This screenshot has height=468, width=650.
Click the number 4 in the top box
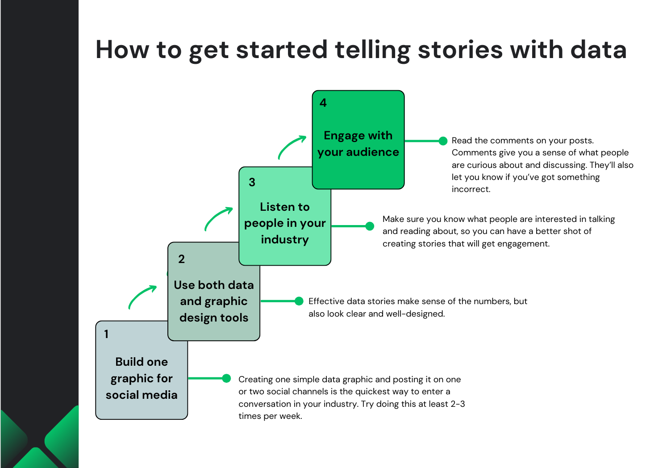[323, 103]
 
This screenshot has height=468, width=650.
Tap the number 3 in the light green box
[252, 182]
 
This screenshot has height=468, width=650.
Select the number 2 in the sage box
[181, 259]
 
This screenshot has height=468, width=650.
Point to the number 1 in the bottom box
[106, 334]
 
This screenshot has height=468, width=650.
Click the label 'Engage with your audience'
[358, 144]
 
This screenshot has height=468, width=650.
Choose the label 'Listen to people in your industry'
[285, 223]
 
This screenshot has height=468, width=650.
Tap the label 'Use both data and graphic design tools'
[214, 301]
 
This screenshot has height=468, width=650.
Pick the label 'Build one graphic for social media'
[142, 378]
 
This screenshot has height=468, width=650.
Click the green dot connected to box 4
[443, 141]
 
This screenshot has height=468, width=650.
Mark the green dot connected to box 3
[370, 226]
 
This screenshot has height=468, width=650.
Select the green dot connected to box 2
[299, 301]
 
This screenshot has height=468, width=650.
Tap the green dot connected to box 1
[226, 379]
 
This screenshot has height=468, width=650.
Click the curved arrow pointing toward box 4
[292, 146]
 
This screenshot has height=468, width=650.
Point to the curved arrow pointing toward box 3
[218, 218]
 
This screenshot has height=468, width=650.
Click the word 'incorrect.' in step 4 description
[471, 189]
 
